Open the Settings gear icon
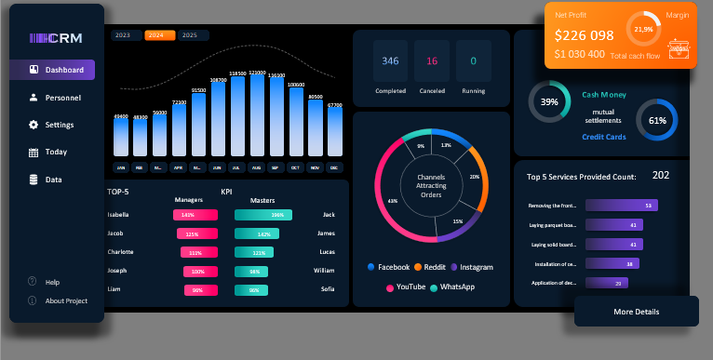coord(34,125)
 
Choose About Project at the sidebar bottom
coord(65,300)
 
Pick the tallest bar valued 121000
coord(257,115)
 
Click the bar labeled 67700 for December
coord(335,132)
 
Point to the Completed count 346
coord(390,61)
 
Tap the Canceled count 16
coord(432,61)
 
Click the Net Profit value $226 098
coord(584,35)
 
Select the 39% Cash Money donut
coord(549,101)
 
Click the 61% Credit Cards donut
coord(657,120)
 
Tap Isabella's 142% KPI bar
coord(195,215)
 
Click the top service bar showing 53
coord(621,206)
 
